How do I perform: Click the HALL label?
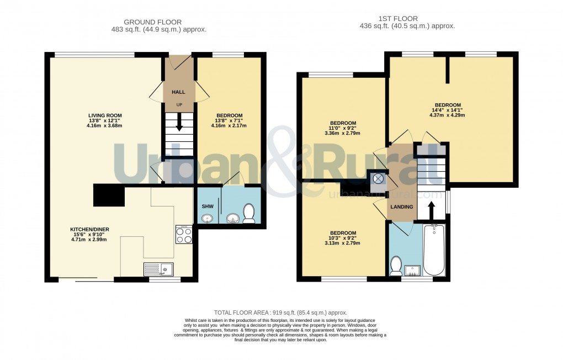pos(178,92)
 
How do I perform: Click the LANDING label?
pos(401,207)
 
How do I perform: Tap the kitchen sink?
pos(158,269)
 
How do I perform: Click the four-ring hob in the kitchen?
pos(184,235)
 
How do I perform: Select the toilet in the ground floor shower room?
pos(249,214)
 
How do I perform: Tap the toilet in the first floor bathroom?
pos(396,266)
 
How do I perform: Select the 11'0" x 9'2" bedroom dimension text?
pos(343,128)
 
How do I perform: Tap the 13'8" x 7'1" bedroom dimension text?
pos(229,121)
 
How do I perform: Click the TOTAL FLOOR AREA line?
pos(280,313)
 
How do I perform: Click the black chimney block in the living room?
pos(109,195)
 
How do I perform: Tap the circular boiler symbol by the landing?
pos(379,179)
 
